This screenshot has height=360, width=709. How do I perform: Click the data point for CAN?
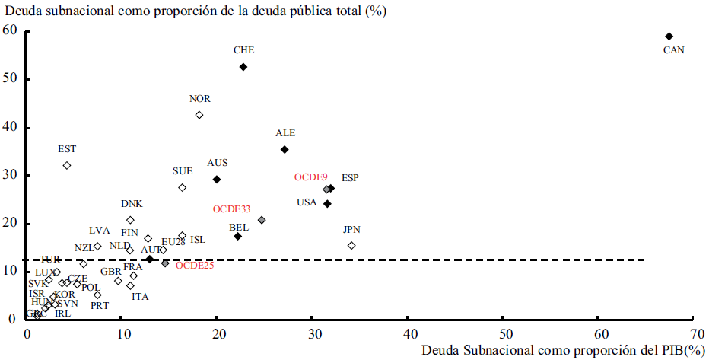[x=669, y=37]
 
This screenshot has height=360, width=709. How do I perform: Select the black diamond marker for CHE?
[x=243, y=67]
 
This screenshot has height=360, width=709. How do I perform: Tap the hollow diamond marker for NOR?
[x=199, y=115]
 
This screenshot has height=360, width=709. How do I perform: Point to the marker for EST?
[x=67, y=165]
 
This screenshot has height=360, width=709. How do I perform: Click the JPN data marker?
[x=351, y=245]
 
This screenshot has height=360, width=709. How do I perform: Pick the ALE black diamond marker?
[x=285, y=150]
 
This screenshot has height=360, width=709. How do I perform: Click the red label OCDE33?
[x=231, y=209]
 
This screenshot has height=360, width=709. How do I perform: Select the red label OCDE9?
[x=310, y=177]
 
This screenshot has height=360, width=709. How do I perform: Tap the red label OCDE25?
[x=194, y=265]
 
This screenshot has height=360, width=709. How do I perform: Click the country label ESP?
[x=350, y=178]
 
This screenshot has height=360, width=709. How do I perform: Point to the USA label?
[x=307, y=202]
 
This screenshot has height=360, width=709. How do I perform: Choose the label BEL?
[x=238, y=227]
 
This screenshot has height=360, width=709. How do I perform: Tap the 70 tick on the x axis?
[x=697, y=333]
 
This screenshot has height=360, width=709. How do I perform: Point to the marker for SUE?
[x=183, y=188]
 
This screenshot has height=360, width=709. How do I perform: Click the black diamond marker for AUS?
[x=217, y=180]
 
